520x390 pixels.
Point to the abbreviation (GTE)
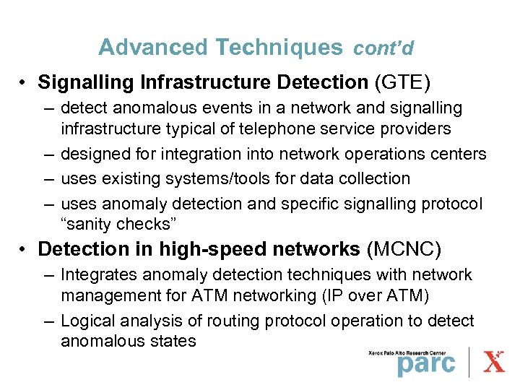(x=402, y=83)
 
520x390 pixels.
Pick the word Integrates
(x=97, y=275)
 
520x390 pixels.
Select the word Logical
(x=88, y=321)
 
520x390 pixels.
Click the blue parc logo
(x=426, y=363)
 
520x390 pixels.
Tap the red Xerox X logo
(x=494, y=361)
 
